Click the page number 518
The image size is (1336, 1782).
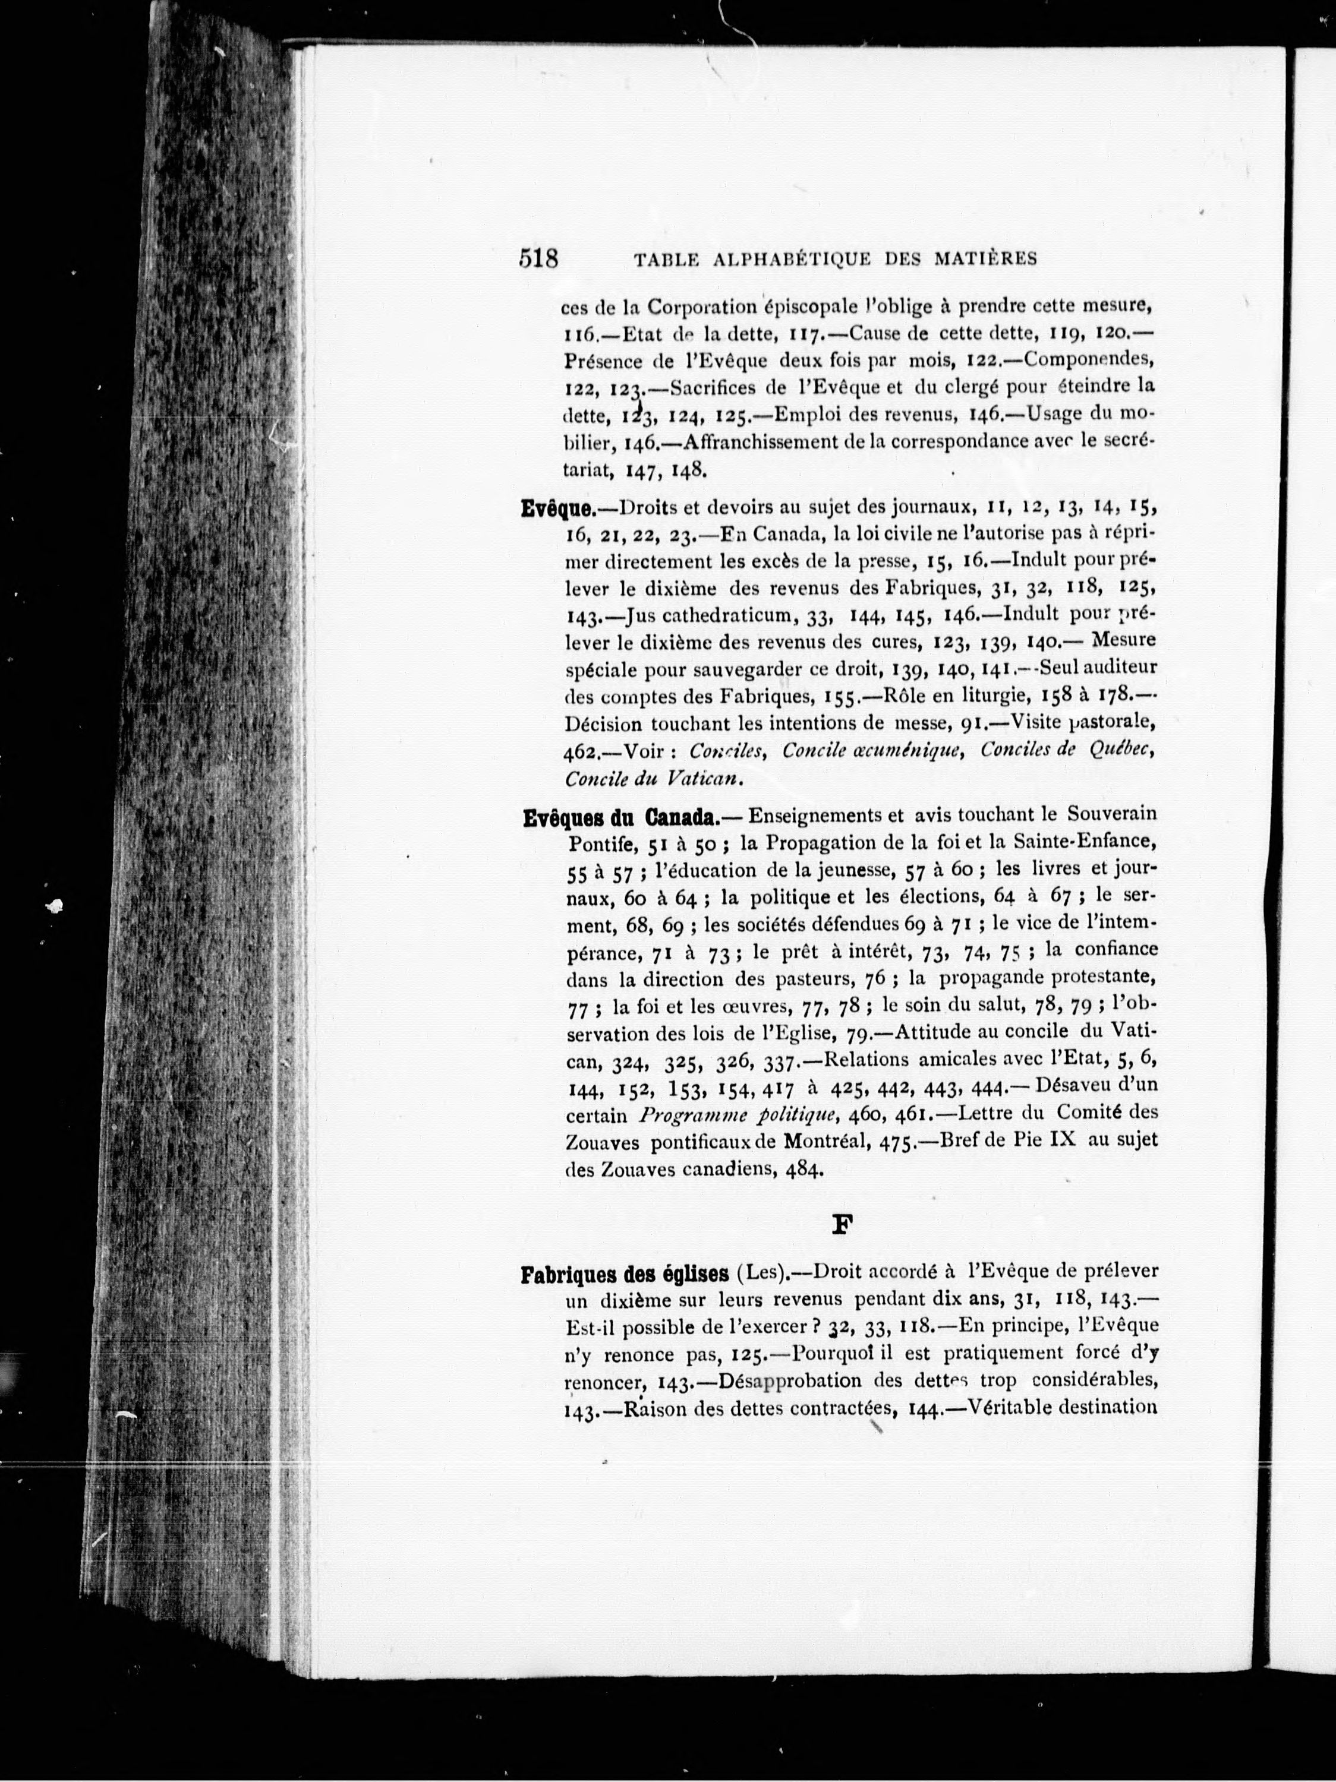pyautogui.click(x=538, y=258)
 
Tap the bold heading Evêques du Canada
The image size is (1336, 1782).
pyautogui.click(x=620, y=819)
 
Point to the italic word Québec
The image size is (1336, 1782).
pyautogui.click(x=1121, y=751)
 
